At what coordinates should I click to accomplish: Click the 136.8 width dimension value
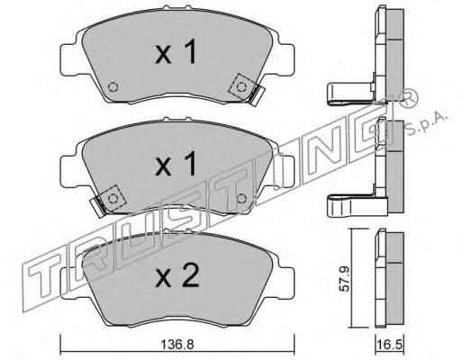pyautogui.click(x=177, y=345)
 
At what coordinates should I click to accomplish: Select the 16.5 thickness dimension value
pyautogui.click(x=389, y=345)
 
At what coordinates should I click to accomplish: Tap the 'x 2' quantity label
pyautogui.click(x=177, y=276)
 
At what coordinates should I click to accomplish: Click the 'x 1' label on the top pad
pyautogui.click(x=176, y=53)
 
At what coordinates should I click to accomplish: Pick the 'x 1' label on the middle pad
pyautogui.click(x=176, y=164)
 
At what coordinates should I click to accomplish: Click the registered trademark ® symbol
pyautogui.click(x=409, y=99)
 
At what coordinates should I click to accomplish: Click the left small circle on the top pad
pyautogui.click(x=113, y=87)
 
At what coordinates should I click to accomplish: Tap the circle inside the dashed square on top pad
pyautogui.click(x=241, y=87)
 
